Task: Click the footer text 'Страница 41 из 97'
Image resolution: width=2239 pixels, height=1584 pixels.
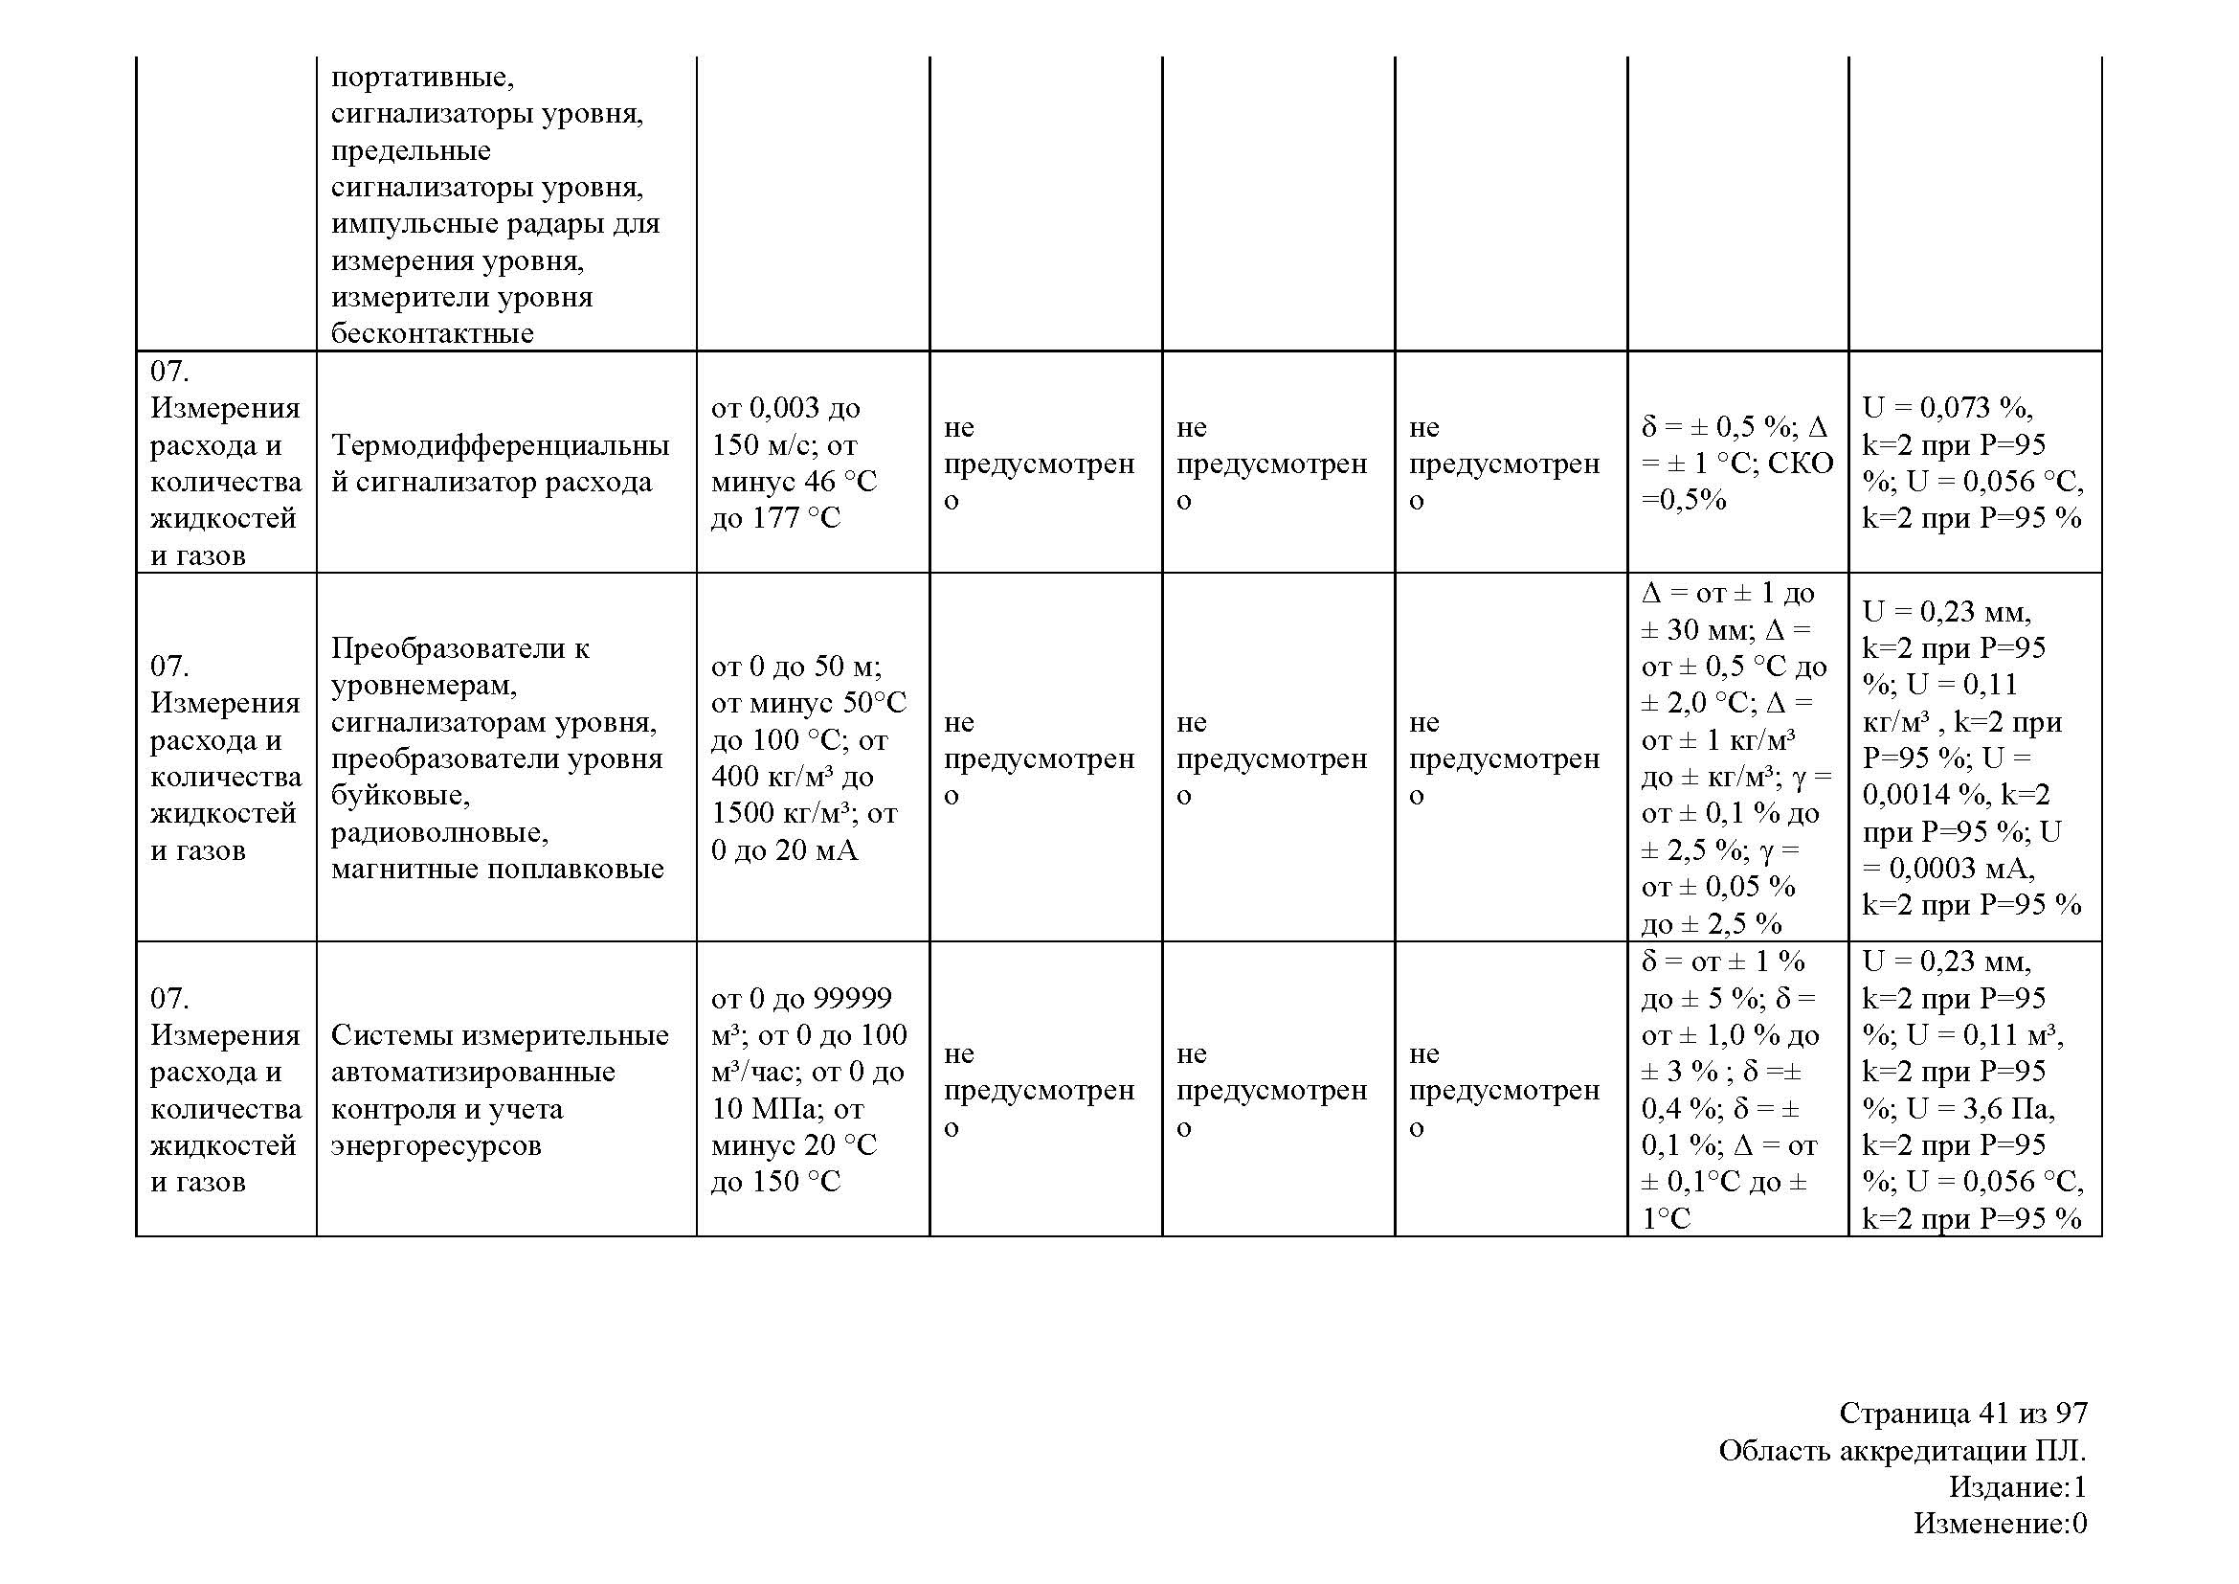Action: pyautogui.click(x=1963, y=1414)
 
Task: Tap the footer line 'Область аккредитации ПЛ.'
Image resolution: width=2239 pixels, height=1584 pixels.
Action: pyautogui.click(x=1902, y=1451)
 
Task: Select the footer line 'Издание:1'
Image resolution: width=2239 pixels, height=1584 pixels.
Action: pyautogui.click(x=2018, y=1486)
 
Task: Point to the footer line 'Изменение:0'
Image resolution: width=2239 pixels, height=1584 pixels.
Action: pyautogui.click(x=1999, y=1523)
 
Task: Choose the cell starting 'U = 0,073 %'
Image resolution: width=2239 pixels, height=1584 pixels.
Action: pyautogui.click(x=1972, y=463)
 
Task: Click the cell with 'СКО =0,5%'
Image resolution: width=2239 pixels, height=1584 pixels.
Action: pyautogui.click(x=1736, y=481)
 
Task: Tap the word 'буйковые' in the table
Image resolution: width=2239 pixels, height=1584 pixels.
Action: pyautogui.click(x=400, y=796)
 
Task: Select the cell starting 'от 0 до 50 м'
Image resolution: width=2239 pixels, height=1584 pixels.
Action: pyautogui.click(x=809, y=758)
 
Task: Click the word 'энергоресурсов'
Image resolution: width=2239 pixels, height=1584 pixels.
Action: pyautogui.click(x=436, y=1145)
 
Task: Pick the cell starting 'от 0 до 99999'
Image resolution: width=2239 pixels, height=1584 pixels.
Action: pyautogui.click(x=809, y=1090)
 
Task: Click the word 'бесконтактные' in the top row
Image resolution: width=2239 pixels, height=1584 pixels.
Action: pyautogui.click(x=432, y=333)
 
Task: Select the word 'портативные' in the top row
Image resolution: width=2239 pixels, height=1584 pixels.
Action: pyautogui.click(x=421, y=77)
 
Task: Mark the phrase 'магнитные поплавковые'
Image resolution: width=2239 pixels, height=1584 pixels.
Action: pyautogui.click(x=498, y=869)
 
